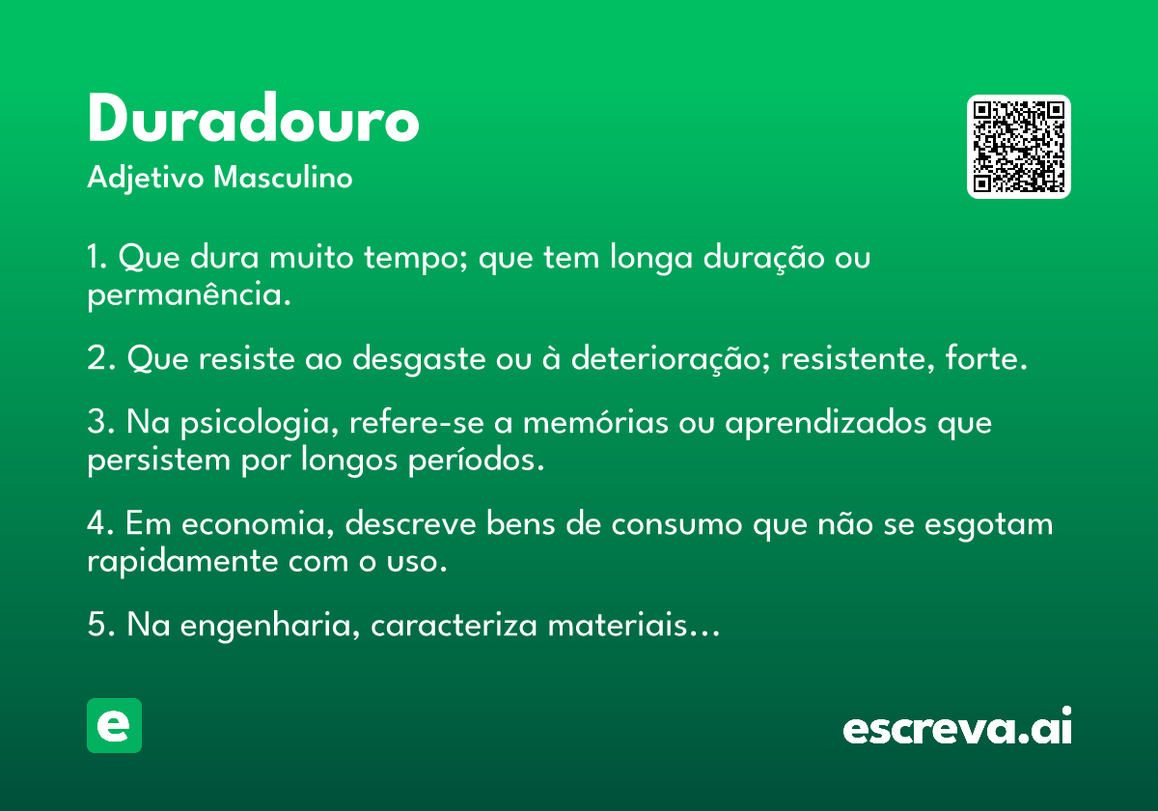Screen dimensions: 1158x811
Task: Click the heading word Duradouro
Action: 253,118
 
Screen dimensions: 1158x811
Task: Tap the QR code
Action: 1018,147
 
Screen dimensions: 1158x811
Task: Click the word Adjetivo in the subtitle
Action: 146,179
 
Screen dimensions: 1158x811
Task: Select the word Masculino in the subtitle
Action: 283,177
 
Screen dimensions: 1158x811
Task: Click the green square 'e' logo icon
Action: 114,725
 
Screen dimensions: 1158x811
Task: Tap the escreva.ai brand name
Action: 957,726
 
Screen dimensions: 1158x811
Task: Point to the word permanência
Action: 189,294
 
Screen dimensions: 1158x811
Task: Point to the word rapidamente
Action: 182,561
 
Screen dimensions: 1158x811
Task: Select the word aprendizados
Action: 826,423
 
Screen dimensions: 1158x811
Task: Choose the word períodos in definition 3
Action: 476,460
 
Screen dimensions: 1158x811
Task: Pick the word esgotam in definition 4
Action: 988,525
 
